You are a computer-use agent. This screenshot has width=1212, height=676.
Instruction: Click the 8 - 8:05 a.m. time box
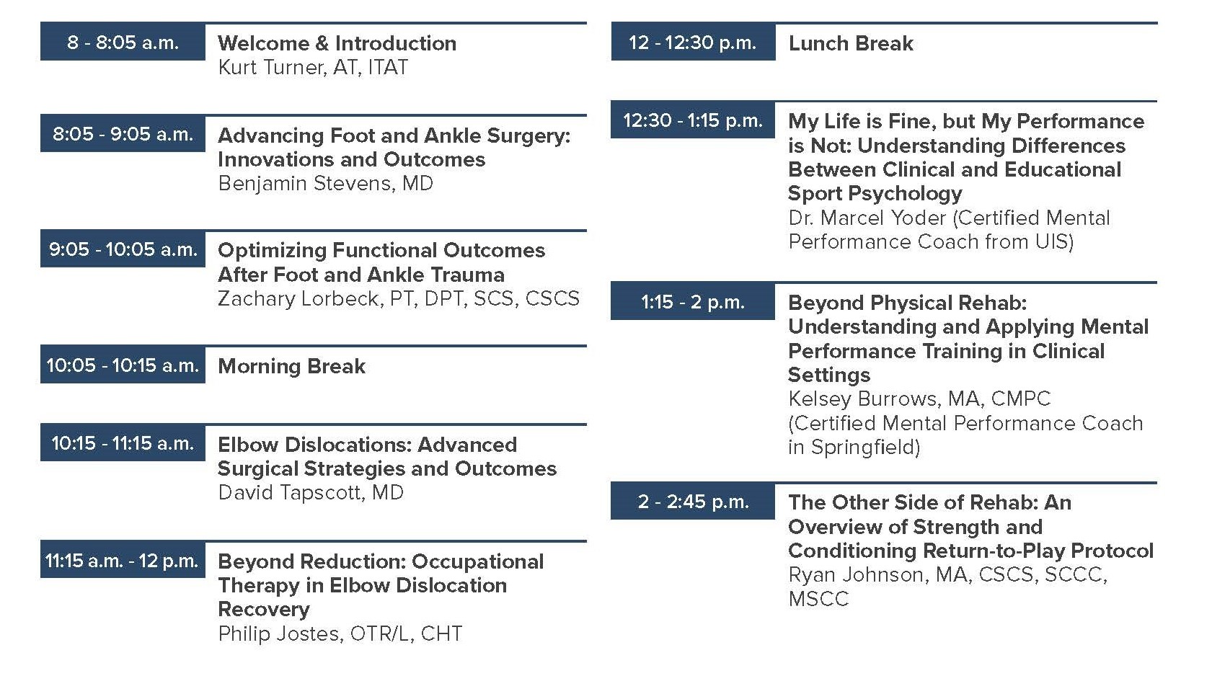[x=123, y=43]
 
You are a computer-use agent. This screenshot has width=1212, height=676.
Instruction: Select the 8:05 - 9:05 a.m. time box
[x=123, y=134]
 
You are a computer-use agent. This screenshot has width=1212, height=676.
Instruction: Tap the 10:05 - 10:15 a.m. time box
[x=123, y=365]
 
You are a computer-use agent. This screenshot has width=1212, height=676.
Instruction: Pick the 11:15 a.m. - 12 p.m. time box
[x=123, y=561]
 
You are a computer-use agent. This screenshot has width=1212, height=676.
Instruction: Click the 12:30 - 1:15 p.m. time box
[x=693, y=120]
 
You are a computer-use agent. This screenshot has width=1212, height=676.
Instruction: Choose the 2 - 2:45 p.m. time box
[x=693, y=502]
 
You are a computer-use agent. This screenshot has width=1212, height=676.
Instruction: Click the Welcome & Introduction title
[x=337, y=43]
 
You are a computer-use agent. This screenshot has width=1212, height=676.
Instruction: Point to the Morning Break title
[x=291, y=366]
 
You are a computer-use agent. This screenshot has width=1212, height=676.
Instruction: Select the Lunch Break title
[x=851, y=43]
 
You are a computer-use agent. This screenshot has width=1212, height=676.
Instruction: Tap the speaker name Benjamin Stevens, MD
[x=325, y=183]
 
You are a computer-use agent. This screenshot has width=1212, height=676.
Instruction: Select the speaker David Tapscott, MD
[x=311, y=493]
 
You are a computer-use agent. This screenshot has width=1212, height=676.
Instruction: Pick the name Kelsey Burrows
[x=859, y=399]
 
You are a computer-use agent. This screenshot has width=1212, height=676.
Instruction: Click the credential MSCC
[x=818, y=599]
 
